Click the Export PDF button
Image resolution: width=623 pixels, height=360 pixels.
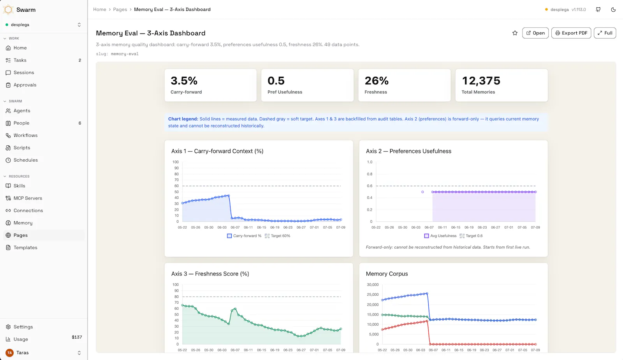(571, 33)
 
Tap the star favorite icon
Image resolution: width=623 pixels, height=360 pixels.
(515, 33)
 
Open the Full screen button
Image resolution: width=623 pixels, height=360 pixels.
(605, 33)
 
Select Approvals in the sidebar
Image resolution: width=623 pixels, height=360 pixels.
(25, 85)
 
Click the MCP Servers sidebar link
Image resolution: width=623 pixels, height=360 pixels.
(28, 198)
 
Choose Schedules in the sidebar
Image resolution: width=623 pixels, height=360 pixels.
(26, 160)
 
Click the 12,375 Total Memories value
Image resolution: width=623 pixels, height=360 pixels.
(481, 81)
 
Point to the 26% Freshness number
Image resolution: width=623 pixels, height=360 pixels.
(376, 81)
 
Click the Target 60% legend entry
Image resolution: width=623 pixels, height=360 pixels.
(277, 236)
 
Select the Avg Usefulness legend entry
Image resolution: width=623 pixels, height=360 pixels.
(440, 236)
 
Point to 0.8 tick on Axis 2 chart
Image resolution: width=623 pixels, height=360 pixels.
(370, 174)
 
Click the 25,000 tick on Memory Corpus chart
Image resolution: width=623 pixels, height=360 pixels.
(373, 295)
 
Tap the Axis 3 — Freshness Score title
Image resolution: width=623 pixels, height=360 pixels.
(210, 274)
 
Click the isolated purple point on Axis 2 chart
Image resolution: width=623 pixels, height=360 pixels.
(422, 192)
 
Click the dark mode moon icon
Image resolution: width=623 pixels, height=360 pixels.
(613, 9)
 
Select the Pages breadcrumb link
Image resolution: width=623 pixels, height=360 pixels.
(120, 9)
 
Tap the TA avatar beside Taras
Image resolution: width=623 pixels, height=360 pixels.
(9, 353)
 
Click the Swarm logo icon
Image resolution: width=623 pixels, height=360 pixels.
(8, 10)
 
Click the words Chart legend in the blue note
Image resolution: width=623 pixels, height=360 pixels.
(183, 119)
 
